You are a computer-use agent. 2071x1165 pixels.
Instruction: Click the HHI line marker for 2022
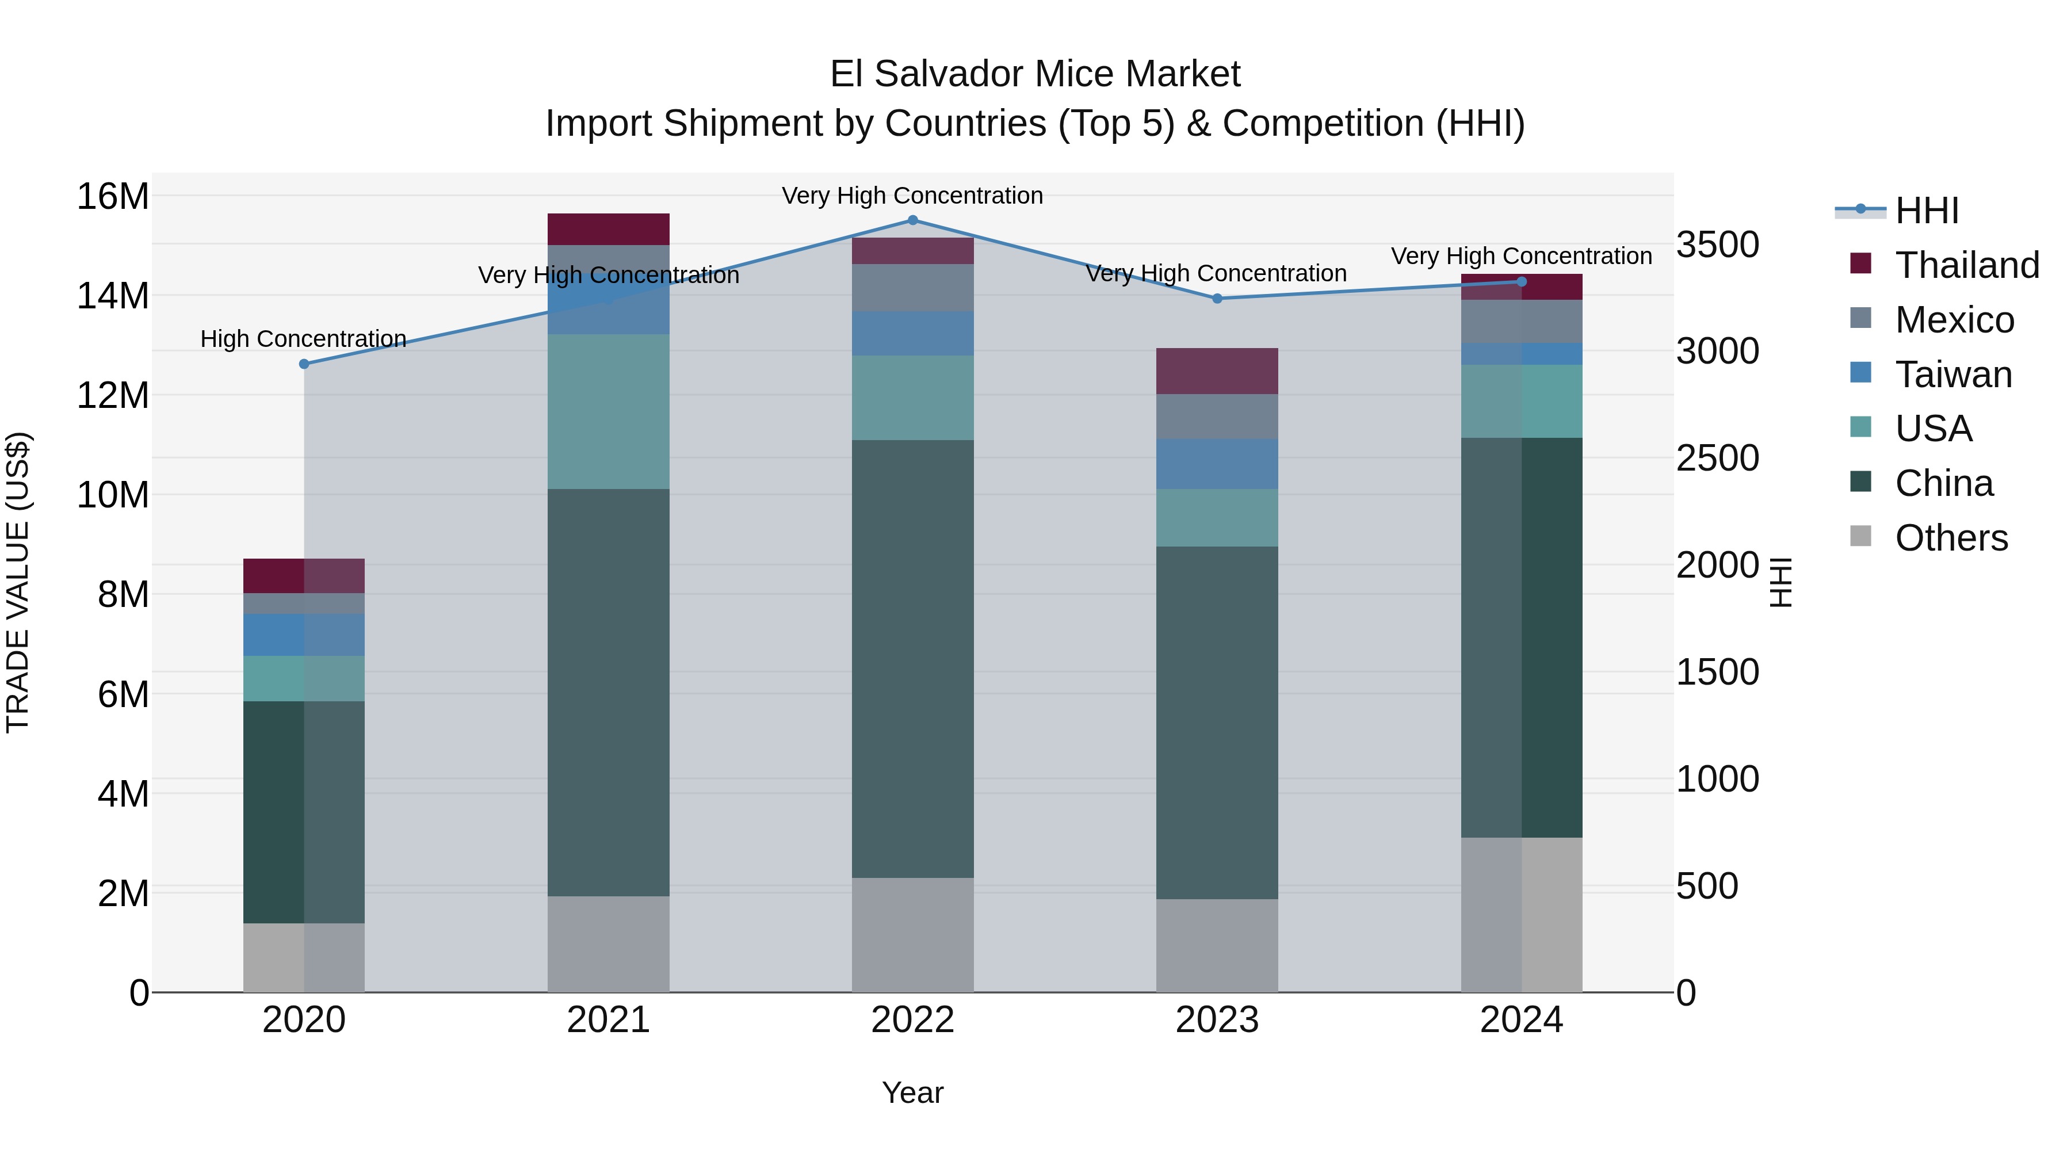tap(912, 220)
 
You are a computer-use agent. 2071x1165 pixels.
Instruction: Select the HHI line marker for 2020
tap(304, 364)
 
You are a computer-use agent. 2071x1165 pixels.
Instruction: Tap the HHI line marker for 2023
tap(1217, 299)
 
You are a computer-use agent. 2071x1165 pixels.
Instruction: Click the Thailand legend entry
tap(1966, 265)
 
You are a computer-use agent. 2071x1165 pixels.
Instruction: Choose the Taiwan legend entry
tap(1953, 375)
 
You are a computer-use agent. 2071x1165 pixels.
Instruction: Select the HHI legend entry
tap(1926, 211)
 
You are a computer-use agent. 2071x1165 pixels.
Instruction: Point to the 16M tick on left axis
tap(113, 197)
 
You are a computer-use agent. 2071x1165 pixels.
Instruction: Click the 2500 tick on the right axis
tap(1717, 459)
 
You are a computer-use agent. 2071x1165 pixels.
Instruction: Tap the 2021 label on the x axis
tap(608, 1020)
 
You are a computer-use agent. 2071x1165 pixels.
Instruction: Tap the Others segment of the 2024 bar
tap(1521, 914)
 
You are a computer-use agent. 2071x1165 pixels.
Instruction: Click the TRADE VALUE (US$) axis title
tap(18, 582)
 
